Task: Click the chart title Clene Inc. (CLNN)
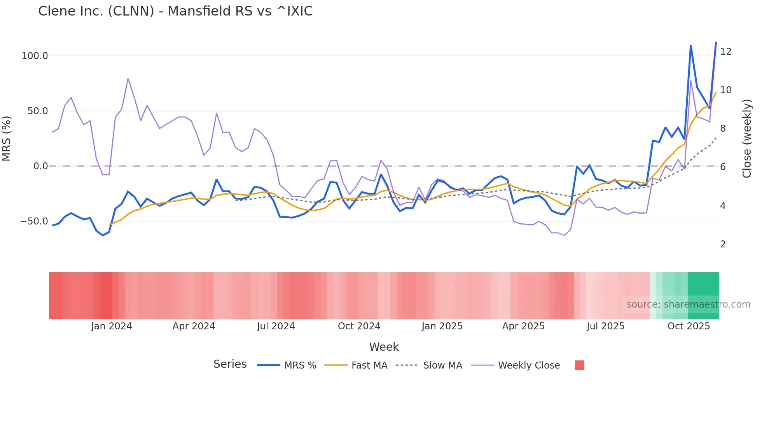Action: [175, 11]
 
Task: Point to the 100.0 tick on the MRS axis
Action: [35, 56]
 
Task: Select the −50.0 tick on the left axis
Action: [34, 221]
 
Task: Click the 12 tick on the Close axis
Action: [725, 52]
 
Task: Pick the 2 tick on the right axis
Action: [723, 244]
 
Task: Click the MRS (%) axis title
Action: [7, 138]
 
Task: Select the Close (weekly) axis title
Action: [746, 138]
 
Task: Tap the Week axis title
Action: [384, 347]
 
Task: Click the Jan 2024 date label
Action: [111, 326]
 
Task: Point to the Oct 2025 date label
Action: [689, 326]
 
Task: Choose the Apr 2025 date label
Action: [523, 326]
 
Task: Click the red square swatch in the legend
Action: [579, 365]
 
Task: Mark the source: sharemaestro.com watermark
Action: [688, 304]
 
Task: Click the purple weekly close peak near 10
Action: [690, 80]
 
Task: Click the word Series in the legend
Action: [230, 364]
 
